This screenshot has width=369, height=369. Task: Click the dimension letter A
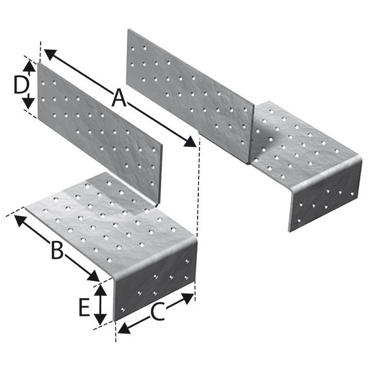[x=118, y=98]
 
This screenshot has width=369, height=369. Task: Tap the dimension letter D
[x=21, y=85]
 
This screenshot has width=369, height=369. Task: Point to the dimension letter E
[x=83, y=308]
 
